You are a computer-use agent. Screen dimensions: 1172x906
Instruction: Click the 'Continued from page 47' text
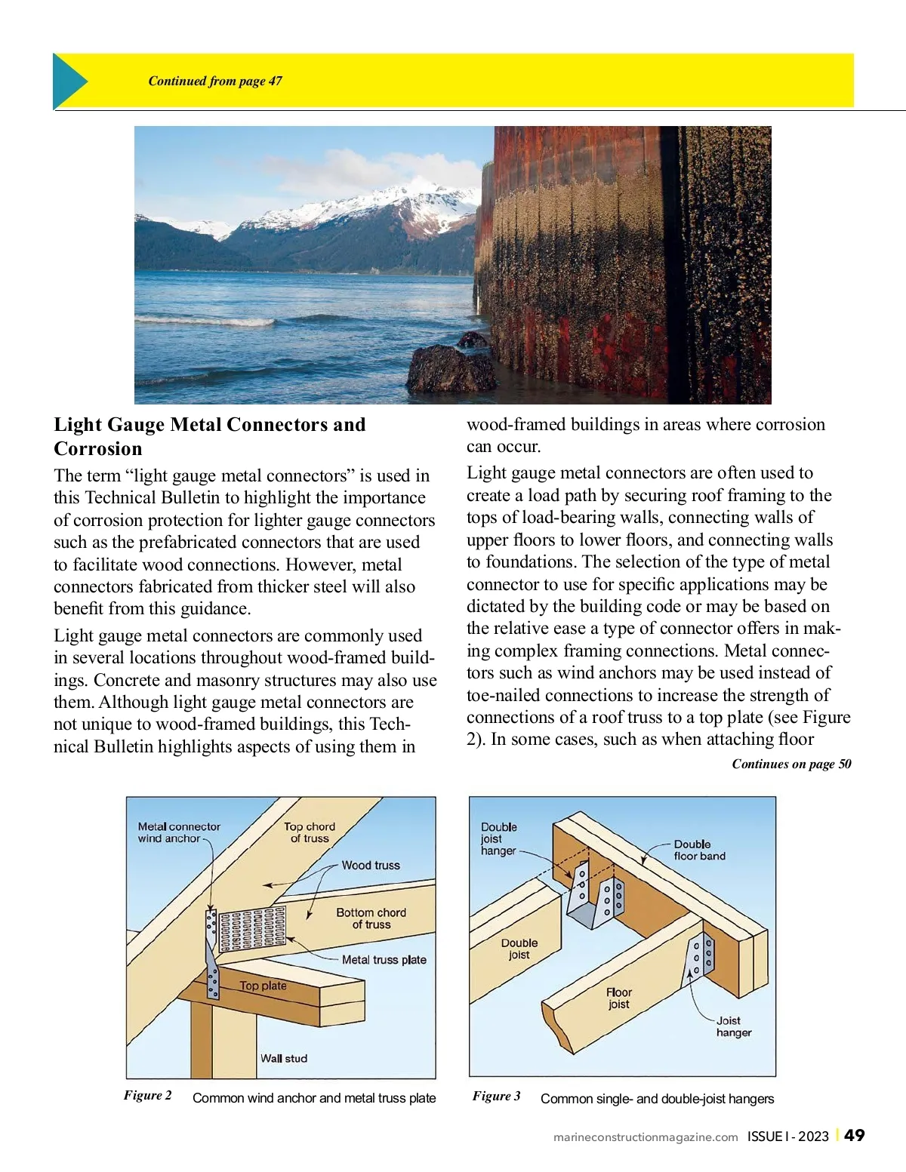215,82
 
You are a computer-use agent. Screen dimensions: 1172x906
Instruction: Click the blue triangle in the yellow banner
69,82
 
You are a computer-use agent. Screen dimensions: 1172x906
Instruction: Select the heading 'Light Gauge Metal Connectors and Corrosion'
209,436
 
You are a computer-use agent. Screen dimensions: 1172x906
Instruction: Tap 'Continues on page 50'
791,764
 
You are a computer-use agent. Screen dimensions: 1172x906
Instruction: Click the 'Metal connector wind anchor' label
179,832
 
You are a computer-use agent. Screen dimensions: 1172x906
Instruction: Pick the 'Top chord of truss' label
310,832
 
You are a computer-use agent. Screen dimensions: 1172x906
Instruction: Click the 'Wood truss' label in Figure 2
371,866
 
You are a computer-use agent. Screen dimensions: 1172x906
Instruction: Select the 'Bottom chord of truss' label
371,918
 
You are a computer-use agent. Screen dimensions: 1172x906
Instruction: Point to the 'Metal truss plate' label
384,960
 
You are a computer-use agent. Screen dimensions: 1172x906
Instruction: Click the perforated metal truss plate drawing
252,928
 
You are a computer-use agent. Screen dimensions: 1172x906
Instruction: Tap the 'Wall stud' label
284,1059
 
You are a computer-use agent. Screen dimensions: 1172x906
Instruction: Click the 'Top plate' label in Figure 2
263,986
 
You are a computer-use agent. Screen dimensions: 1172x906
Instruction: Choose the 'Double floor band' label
699,850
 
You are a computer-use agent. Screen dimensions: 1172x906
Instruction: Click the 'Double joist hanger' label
498,838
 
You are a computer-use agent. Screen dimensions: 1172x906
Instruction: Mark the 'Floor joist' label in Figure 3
618,998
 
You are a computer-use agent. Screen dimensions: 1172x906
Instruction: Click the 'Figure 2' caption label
148,1096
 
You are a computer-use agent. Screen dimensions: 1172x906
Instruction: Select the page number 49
855,1136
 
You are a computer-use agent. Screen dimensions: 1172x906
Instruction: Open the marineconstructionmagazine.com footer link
646,1137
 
